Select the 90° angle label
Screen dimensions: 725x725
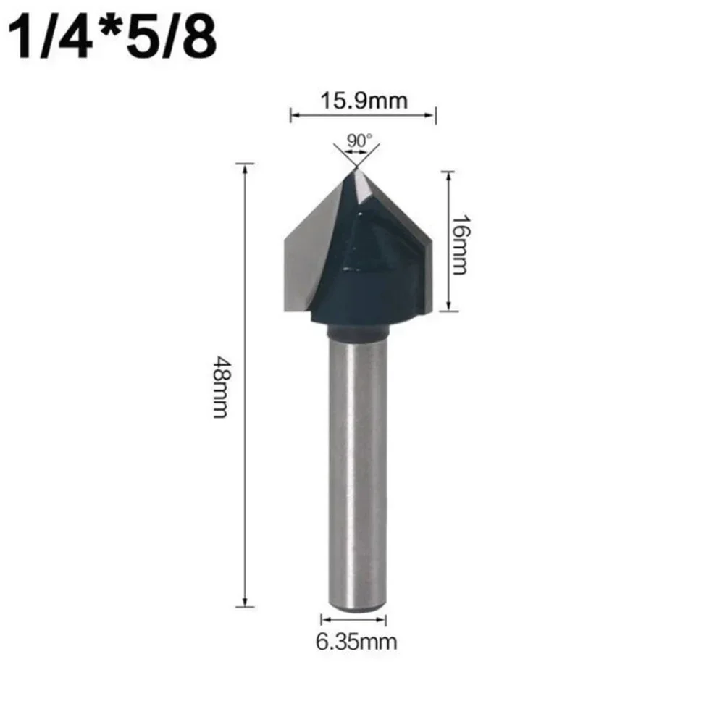[x=357, y=141]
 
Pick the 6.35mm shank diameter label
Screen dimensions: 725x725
[x=354, y=640]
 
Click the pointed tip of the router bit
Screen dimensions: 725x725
[x=356, y=169]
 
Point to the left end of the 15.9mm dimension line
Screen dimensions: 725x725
[x=291, y=114]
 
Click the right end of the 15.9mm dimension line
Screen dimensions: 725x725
[x=435, y=114]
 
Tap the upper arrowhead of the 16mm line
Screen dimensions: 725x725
[x=448, y=174]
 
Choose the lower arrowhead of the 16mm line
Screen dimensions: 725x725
[x=448, y=309]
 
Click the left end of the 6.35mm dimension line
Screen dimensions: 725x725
[x=322, y=619]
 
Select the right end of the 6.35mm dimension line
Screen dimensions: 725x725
[x=386, y=619]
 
